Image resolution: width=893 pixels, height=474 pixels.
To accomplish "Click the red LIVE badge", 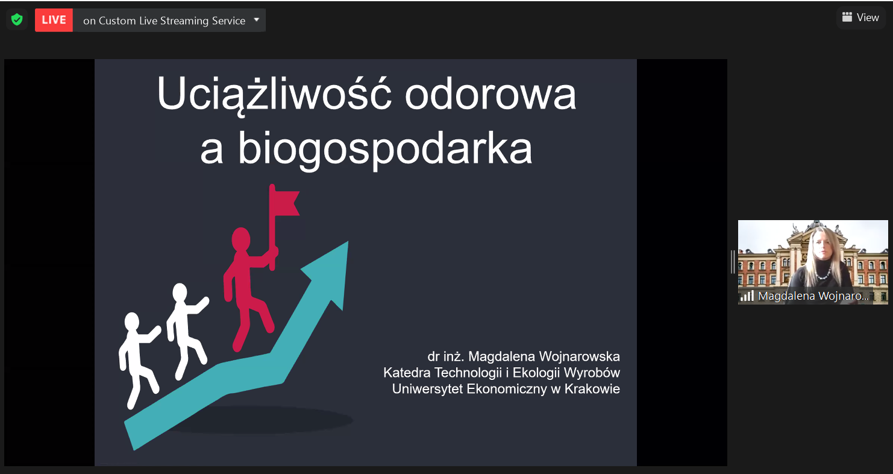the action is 54,20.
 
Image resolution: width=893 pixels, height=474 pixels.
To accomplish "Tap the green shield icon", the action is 17,19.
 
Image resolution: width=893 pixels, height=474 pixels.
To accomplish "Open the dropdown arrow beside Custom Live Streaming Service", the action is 256,19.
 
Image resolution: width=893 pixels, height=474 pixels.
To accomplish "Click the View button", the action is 860,17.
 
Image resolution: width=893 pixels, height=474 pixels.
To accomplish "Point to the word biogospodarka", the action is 385,149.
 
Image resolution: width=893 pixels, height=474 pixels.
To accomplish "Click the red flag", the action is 284,202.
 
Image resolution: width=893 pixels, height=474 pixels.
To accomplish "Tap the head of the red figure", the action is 241,239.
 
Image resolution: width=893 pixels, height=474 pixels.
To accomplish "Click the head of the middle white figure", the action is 180,292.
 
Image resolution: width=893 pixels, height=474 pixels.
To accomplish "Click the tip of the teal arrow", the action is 348,241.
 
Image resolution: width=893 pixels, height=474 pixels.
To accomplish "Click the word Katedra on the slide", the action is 407,372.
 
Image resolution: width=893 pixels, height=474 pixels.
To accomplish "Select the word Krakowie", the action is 592,388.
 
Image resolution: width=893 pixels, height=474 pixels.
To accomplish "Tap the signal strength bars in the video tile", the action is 747,295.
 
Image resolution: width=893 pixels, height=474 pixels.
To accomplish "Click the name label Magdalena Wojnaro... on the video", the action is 813,296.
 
